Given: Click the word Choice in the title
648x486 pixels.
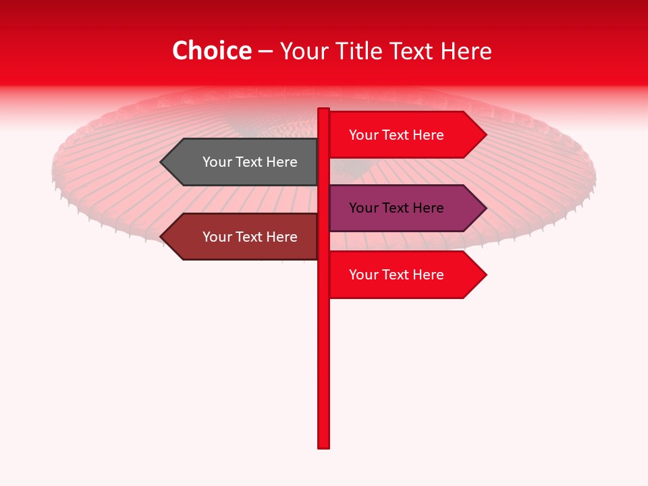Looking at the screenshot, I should coord(211,51).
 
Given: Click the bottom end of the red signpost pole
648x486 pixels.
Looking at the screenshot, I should coord(324,446).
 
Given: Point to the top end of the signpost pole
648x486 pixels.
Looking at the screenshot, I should coord(324,111).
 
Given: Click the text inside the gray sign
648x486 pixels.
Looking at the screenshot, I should coord(250,162).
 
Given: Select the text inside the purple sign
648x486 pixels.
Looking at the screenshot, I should coord(396,208).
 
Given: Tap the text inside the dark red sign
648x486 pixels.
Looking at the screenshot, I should coord(250,237).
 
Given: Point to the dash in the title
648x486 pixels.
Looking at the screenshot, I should coord(265,52).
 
